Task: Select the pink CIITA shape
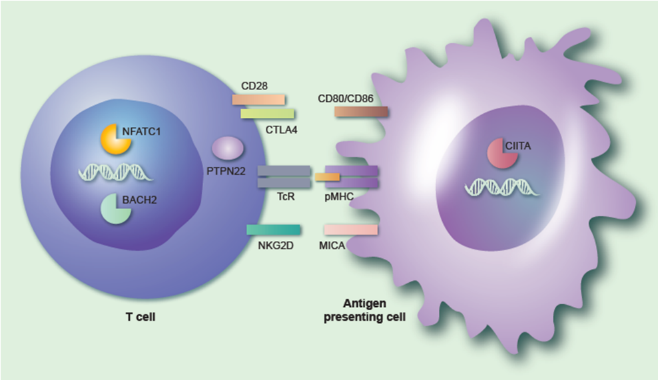point(499,152)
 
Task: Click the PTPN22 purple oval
point(227,147)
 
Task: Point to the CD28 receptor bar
point(258,99)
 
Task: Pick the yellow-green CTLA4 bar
point(267,114)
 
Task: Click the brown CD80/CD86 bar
point(361,111)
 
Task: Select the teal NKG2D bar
point(273,230)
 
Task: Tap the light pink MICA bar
point(351,230)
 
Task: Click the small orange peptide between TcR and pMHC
point(327,177)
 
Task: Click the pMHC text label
point(340,197)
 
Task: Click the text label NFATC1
point(142,131)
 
